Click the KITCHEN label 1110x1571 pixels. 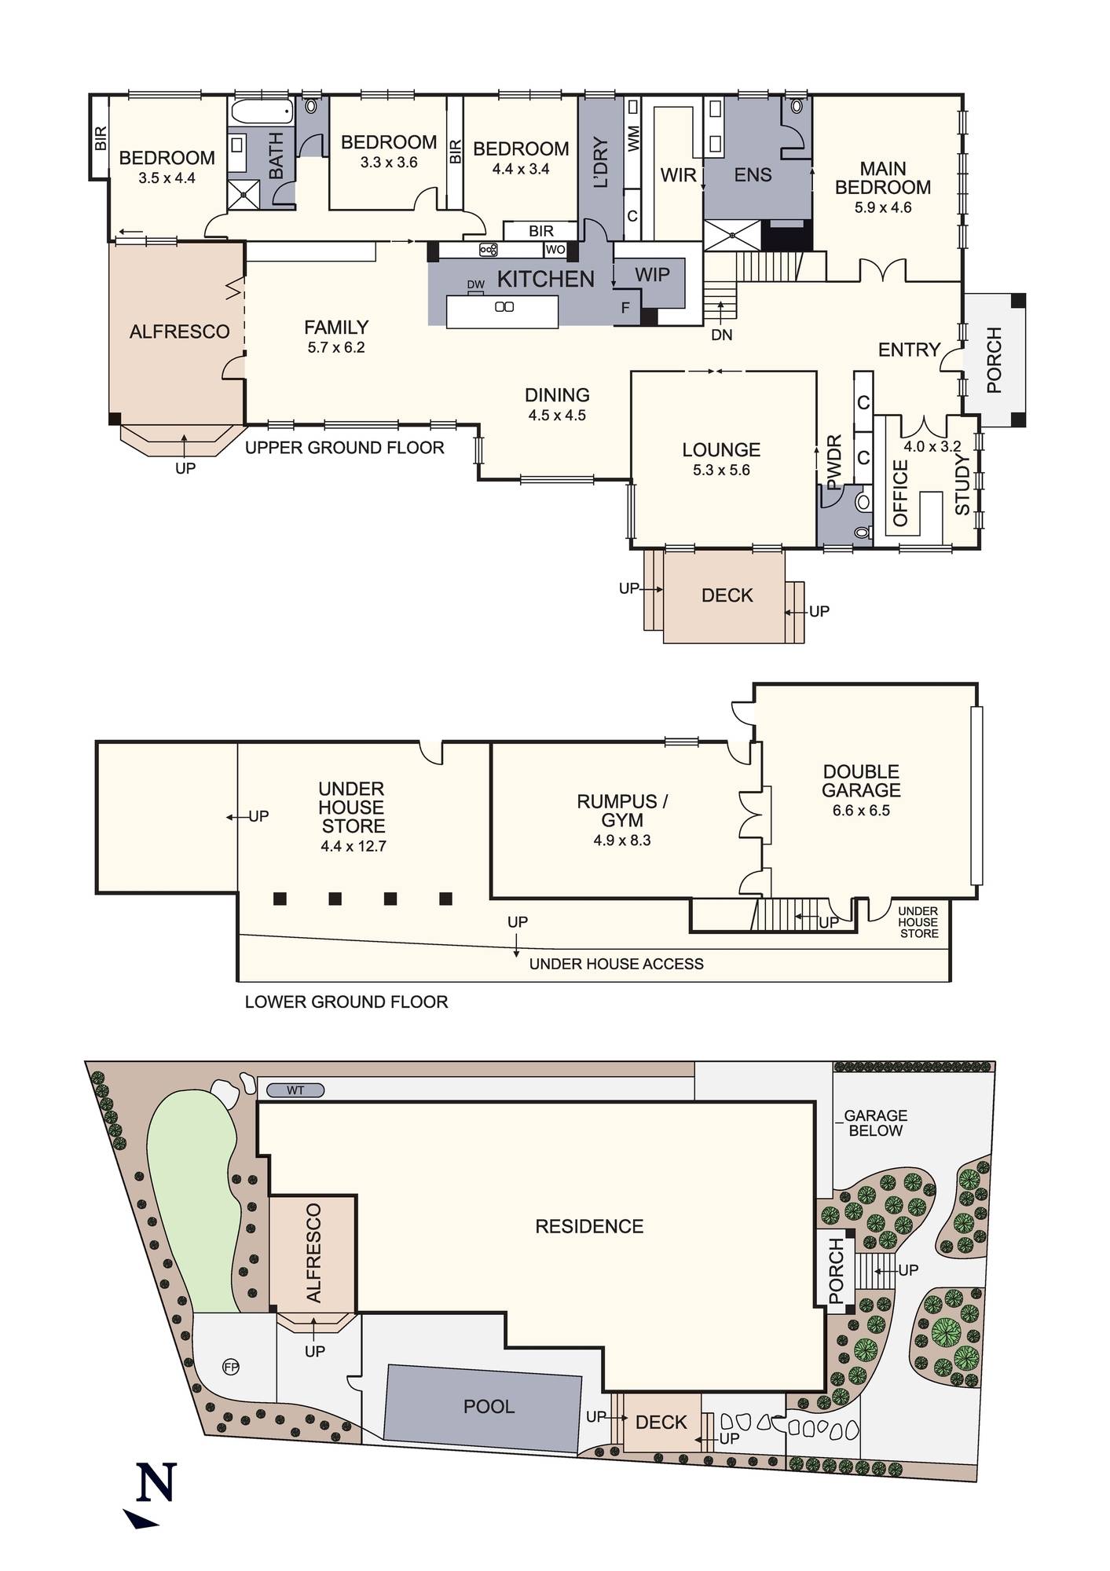pos(545,279)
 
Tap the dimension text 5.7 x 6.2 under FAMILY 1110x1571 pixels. pos(336,348)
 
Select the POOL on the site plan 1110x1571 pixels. pos(489,1406)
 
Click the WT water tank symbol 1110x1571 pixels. pos(295,1090)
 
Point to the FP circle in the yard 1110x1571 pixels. pos(231,1368)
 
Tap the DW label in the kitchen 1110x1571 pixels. pos(475,284)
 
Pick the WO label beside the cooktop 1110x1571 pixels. pos(555,250)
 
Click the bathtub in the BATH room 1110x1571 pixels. pos(261,112)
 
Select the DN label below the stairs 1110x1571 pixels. pos(721,335)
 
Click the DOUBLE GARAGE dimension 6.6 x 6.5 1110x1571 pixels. pos(861,811)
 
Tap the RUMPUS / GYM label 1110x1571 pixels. pos(622,811)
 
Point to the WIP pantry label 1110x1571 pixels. pos(652,274)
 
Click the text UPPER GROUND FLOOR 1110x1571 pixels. pos(345,448)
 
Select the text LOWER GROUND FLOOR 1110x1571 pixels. pos(346,1002)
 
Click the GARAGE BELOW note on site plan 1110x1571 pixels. pos(875,1122)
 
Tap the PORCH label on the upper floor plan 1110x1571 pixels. pos(994,360)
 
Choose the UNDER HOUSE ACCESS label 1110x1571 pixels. pos(616,964)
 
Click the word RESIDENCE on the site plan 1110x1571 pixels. pos(589,1226)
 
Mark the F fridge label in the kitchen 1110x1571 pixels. pos(625,308)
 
